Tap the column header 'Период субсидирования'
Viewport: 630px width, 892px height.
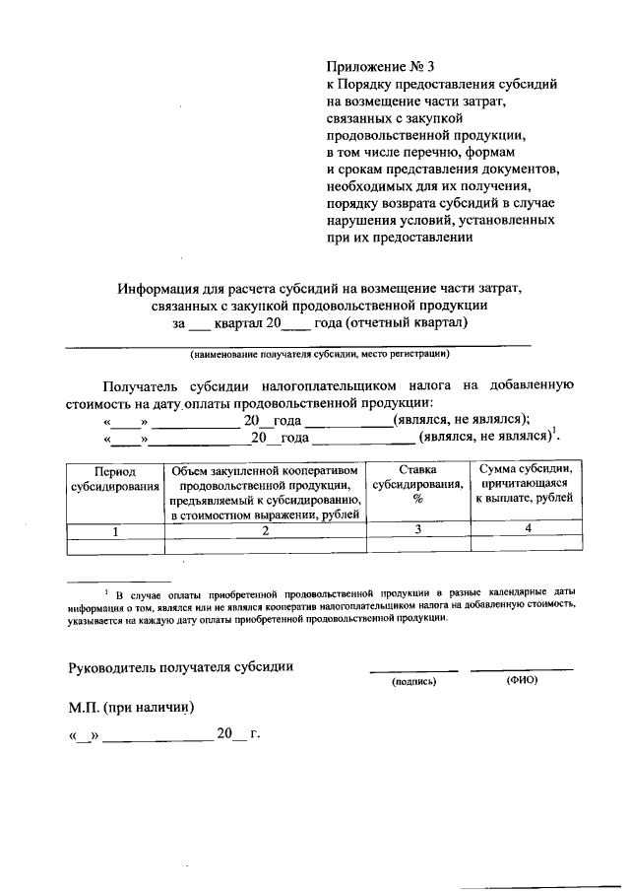tap(114, 479)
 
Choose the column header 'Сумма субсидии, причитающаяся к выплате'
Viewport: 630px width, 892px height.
tap(527, 484)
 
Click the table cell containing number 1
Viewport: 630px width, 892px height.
tap(114, 530)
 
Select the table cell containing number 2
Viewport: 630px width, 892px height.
tap(265, 530)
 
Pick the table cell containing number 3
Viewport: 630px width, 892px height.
tap(417, 530)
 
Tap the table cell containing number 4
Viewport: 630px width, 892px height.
tap(527, 530)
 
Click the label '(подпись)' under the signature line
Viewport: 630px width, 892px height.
tap(413, 681)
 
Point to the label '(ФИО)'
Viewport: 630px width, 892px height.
tap(522, 680)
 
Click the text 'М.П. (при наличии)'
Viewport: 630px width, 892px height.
tap(131, 707)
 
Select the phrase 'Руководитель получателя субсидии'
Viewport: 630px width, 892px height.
tap(181, 666)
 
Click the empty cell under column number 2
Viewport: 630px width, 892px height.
tap(265, 544)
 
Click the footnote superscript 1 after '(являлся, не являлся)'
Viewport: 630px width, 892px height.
tap(554, 430)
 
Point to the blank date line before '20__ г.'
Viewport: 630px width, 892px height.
tap(157, 735)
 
